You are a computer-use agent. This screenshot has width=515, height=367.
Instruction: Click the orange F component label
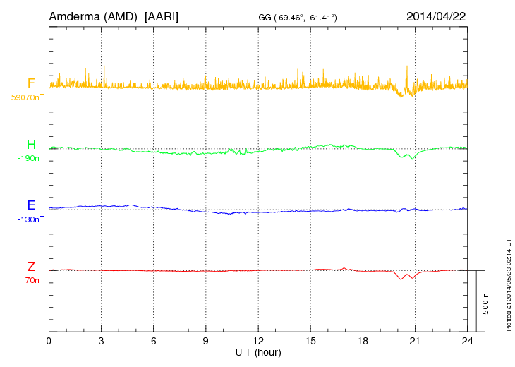(x=31, y=83)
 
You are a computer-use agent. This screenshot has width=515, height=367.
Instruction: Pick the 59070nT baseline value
(x=27, y=97)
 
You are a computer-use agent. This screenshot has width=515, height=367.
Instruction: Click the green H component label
(x=31, y=145)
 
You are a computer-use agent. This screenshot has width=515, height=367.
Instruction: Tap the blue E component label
(x=31, y=205)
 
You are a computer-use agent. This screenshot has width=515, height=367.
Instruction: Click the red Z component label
(x=31, y=267)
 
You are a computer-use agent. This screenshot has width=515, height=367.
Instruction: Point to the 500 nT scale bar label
(x=485, y=301)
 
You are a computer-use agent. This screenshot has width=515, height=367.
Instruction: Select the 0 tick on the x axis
(x=49, y=341)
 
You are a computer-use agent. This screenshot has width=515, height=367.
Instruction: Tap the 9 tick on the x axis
(x=206, y=341)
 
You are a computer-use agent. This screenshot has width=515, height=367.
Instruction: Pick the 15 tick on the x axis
(x=310, y=341)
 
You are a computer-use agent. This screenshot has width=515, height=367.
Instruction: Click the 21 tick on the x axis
(x=415, y=341)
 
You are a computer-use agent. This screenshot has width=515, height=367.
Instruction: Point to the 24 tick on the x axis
(x=467, y=341)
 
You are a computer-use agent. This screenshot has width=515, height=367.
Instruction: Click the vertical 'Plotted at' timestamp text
(x=508, y=283)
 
